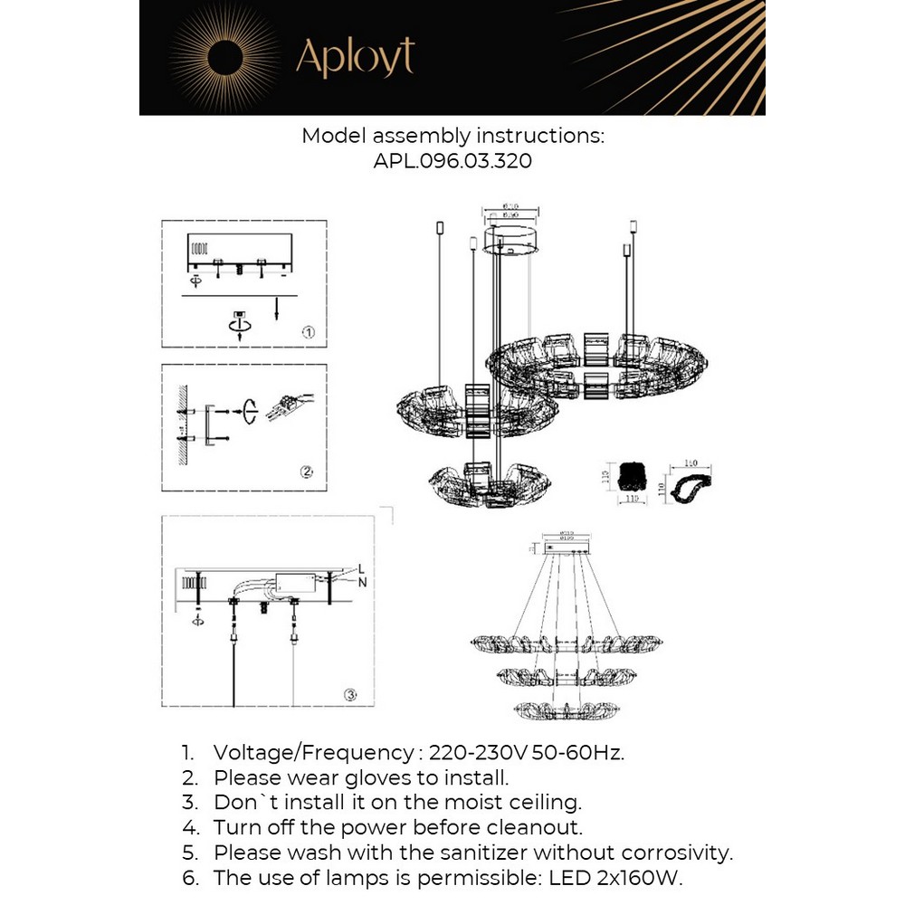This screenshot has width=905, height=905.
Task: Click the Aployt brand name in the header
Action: [x=355, y=57]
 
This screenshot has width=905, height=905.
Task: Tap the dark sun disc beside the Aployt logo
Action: [x=225, y=59]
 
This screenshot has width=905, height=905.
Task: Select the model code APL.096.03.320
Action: [x=452, y=161]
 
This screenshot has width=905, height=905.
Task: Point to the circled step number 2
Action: [x=307, y=472]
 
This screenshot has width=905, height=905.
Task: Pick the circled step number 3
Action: [x=351, y=695]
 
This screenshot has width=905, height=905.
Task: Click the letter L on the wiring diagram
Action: [x=361, y=568]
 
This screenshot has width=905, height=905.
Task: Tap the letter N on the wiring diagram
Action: [x=362, y=582]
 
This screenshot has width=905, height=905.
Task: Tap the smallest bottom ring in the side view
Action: [x=557, y=710]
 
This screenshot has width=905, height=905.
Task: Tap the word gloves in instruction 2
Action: [x=356, y=776]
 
